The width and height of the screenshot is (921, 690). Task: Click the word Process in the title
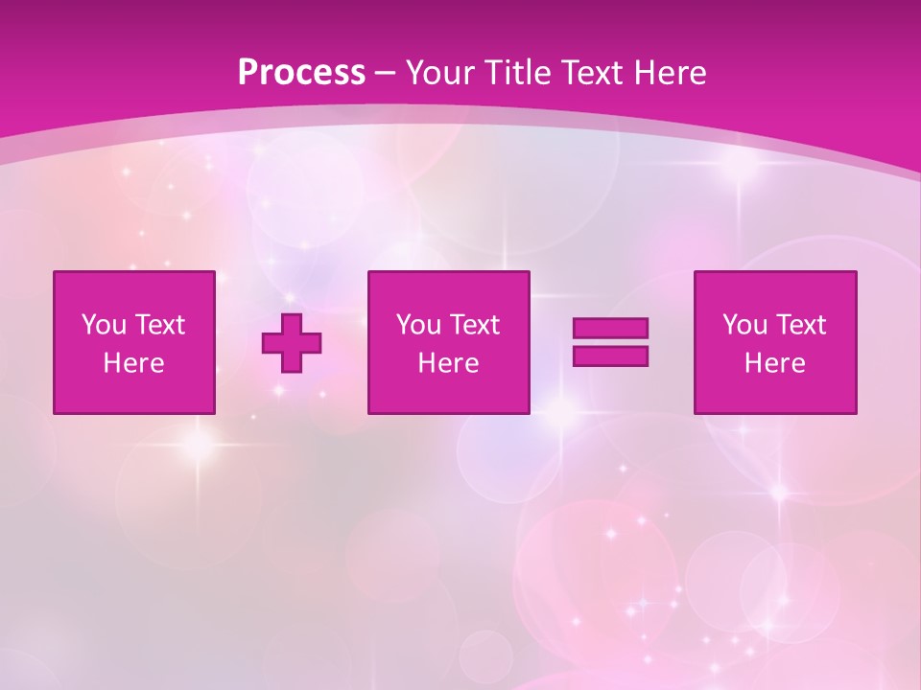(x=301, y=73)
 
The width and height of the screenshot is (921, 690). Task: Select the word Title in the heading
(x=519, y=73)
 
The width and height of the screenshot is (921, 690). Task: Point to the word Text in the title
(x=597, y=73)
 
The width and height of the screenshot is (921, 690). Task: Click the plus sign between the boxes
(x=292, y=342)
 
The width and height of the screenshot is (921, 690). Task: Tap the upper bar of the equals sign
(x=610, y=329)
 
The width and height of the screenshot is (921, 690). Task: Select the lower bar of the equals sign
(x=610, y=356)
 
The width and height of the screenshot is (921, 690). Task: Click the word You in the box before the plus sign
(x=103, y=325)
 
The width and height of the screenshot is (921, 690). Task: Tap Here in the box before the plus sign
(x=133, y=363)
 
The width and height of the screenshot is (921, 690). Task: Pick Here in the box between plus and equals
(x=448, y=363)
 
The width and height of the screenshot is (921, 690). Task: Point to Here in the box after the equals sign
(x=774, y=363)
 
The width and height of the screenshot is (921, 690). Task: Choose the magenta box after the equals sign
(x=775, y=393)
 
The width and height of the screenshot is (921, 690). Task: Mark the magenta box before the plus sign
(x=133, y=393)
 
